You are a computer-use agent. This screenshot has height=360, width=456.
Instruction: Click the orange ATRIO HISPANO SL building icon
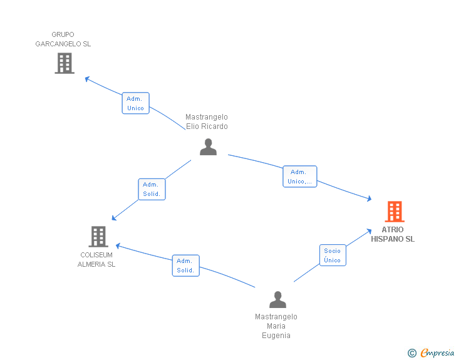(x=395, y=212)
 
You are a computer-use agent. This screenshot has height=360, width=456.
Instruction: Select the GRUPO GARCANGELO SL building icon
(x=65, y=63)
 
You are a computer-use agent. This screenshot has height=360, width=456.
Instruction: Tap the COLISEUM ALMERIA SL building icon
(x=98, y=237)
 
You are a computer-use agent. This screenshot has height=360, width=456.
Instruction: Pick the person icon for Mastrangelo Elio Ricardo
(x=208, y=147)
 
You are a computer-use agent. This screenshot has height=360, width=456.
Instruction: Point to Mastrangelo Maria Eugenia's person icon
(x=277, y=299)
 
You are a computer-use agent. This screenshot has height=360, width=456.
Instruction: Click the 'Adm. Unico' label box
(x=135, y=103)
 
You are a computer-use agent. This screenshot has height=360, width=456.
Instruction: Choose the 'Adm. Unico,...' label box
(x=300, y=177)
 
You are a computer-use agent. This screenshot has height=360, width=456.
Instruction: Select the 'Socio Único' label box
(x=333, y=255)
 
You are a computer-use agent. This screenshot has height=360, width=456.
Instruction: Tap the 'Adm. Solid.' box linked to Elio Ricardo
(x=152, y=189)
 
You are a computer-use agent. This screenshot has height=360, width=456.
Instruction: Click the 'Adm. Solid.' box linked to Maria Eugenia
(x=186, y=265)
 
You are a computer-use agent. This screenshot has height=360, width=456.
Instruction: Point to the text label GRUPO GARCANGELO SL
(x=63, y=39)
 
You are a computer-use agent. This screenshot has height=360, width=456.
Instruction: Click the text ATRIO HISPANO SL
(x=393, y=234)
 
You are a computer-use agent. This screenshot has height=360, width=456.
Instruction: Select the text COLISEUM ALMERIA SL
(x=96, y=259)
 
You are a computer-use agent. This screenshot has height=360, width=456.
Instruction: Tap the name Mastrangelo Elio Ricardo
(x=207, y=121)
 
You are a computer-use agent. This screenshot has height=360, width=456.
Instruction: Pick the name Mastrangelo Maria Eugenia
(x=276, y=326)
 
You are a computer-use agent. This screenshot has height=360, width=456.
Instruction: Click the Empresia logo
(x=437, y=352)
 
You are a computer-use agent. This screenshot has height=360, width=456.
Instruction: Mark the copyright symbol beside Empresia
(x=412, y=353)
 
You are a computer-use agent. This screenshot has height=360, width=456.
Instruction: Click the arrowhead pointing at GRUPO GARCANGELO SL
(x=87, y=79)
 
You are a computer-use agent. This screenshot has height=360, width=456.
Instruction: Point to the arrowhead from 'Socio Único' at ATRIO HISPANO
(x=369, y=231)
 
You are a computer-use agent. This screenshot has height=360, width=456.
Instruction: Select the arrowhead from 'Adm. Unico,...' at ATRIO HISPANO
(x=370, y=198)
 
